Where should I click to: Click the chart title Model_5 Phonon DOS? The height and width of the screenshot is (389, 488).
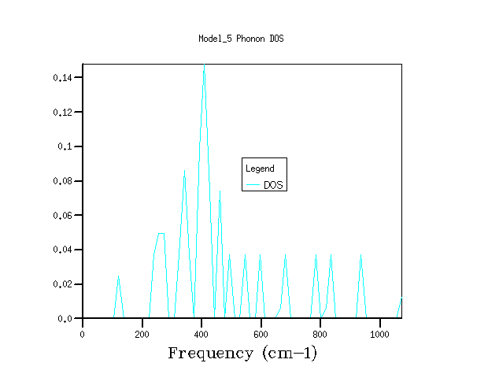pyautogui.click(x=241, y=38)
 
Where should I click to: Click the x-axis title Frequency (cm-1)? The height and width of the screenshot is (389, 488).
pyautogui.click(x=242, y=353)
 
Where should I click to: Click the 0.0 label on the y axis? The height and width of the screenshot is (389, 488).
pyautogui.click(x=66, y=319)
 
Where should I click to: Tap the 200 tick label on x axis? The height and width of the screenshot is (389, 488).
pyautogui.click(x=142, y=334)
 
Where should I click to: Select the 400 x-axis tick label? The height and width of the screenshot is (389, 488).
pyautogui.click(x=201, y=334)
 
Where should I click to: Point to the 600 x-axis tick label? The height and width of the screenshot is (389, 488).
pyautogui.click(x=261, y=334)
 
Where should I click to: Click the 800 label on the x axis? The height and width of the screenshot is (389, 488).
pyautogui.click(x=320, y=334)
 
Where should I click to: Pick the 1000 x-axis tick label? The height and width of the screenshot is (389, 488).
pyautogui.click(x=380, y=334)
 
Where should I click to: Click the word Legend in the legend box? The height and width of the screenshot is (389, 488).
pyautogui.click(x=260, y=169)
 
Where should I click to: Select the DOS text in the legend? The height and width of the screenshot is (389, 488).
pyautogui.click(x=273, y=185)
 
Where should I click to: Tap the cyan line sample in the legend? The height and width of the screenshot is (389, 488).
pyautogui.click(x=253, y=185)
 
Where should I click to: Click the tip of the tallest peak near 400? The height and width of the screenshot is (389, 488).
pyautogui.click(x=204, y=65)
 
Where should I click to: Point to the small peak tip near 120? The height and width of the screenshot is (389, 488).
pyautogui.click(x=118, y=276)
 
